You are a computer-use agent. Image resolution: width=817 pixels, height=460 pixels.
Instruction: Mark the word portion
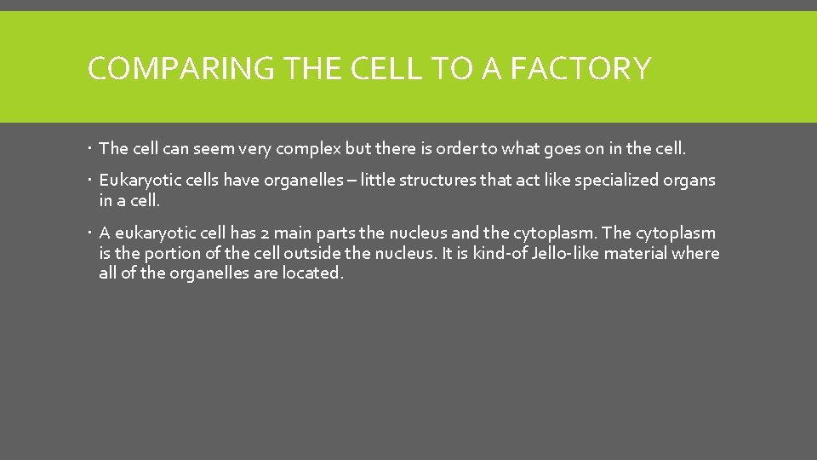pyautogui.click(x=170, y=254)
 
